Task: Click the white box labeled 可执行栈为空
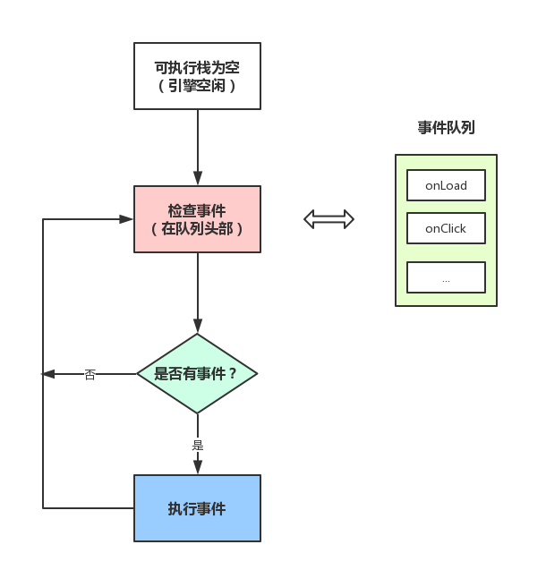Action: point(197,76)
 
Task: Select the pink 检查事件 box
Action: point(197,219)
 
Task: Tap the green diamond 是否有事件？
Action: point(197,374)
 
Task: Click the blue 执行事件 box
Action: point(197,508)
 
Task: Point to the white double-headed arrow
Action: point(329,219)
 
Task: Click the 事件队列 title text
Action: point(446,128)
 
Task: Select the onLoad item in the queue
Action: point(446,185)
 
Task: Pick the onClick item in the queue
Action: point(446,228)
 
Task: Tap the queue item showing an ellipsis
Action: point(446,278)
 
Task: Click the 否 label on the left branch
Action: point(90,374)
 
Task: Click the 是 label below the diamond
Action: point(198,444)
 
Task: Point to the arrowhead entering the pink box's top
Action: point(198,179)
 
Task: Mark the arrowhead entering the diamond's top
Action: point(198,328)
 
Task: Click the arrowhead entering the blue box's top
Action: point(198,467)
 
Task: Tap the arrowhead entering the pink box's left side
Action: point(127,219)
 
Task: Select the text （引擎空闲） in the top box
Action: point(197,86)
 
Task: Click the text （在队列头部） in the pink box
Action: point(197,229)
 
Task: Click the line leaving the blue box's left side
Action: point(90,508)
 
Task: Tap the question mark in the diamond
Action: point(234,374)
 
